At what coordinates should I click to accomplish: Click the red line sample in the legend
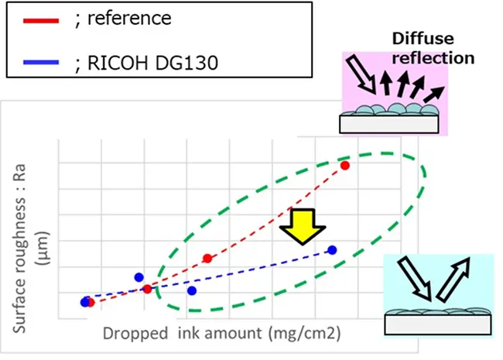(x=41, y=21)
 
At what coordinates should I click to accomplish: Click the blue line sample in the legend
(x=41, y=62)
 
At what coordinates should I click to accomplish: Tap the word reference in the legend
(x=129, y=18)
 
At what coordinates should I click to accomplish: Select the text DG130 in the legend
(x=186, y=63)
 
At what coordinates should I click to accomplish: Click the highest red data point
(x=345, y=166)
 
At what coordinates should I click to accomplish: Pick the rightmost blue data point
(x=332, y=250)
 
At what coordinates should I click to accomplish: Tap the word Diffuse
(x=423, y=39)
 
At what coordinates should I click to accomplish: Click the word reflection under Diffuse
(x=433, y=58)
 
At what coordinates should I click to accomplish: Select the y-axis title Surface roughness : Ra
(x=19, y=249)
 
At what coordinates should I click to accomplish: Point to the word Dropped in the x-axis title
(x=135, y=334)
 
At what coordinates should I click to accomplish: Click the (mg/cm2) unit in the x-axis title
(x=304, y=334)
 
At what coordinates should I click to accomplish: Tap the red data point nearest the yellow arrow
(x=207, y=259)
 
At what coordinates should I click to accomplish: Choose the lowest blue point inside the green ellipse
(x=192, y=291)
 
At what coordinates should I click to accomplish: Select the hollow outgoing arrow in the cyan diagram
(x=453, y=279)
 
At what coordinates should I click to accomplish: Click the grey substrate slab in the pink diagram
(x=389, y=124)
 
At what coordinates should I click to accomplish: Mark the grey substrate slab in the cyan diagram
(x=438, y=324)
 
